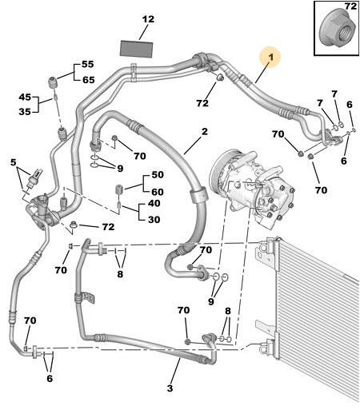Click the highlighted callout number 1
coord(270,58)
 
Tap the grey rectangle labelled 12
coord(137,49)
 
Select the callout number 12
coord(148,19)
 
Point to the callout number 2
coord(205,132)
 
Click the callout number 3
coord(170,388)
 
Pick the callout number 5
coord(13,162)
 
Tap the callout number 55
coord(88,64)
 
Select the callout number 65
coord(89,80)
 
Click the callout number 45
coord(25,97)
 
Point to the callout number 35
coord(25,112)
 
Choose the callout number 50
coord(158,175)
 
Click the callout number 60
coord(158,192)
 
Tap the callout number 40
coord(154,203)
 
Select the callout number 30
coord(154,220)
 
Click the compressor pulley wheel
coord(218,166)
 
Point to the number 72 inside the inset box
coord(350,6)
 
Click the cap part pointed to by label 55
coord(53,81)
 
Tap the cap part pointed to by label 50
coord(118,189)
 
